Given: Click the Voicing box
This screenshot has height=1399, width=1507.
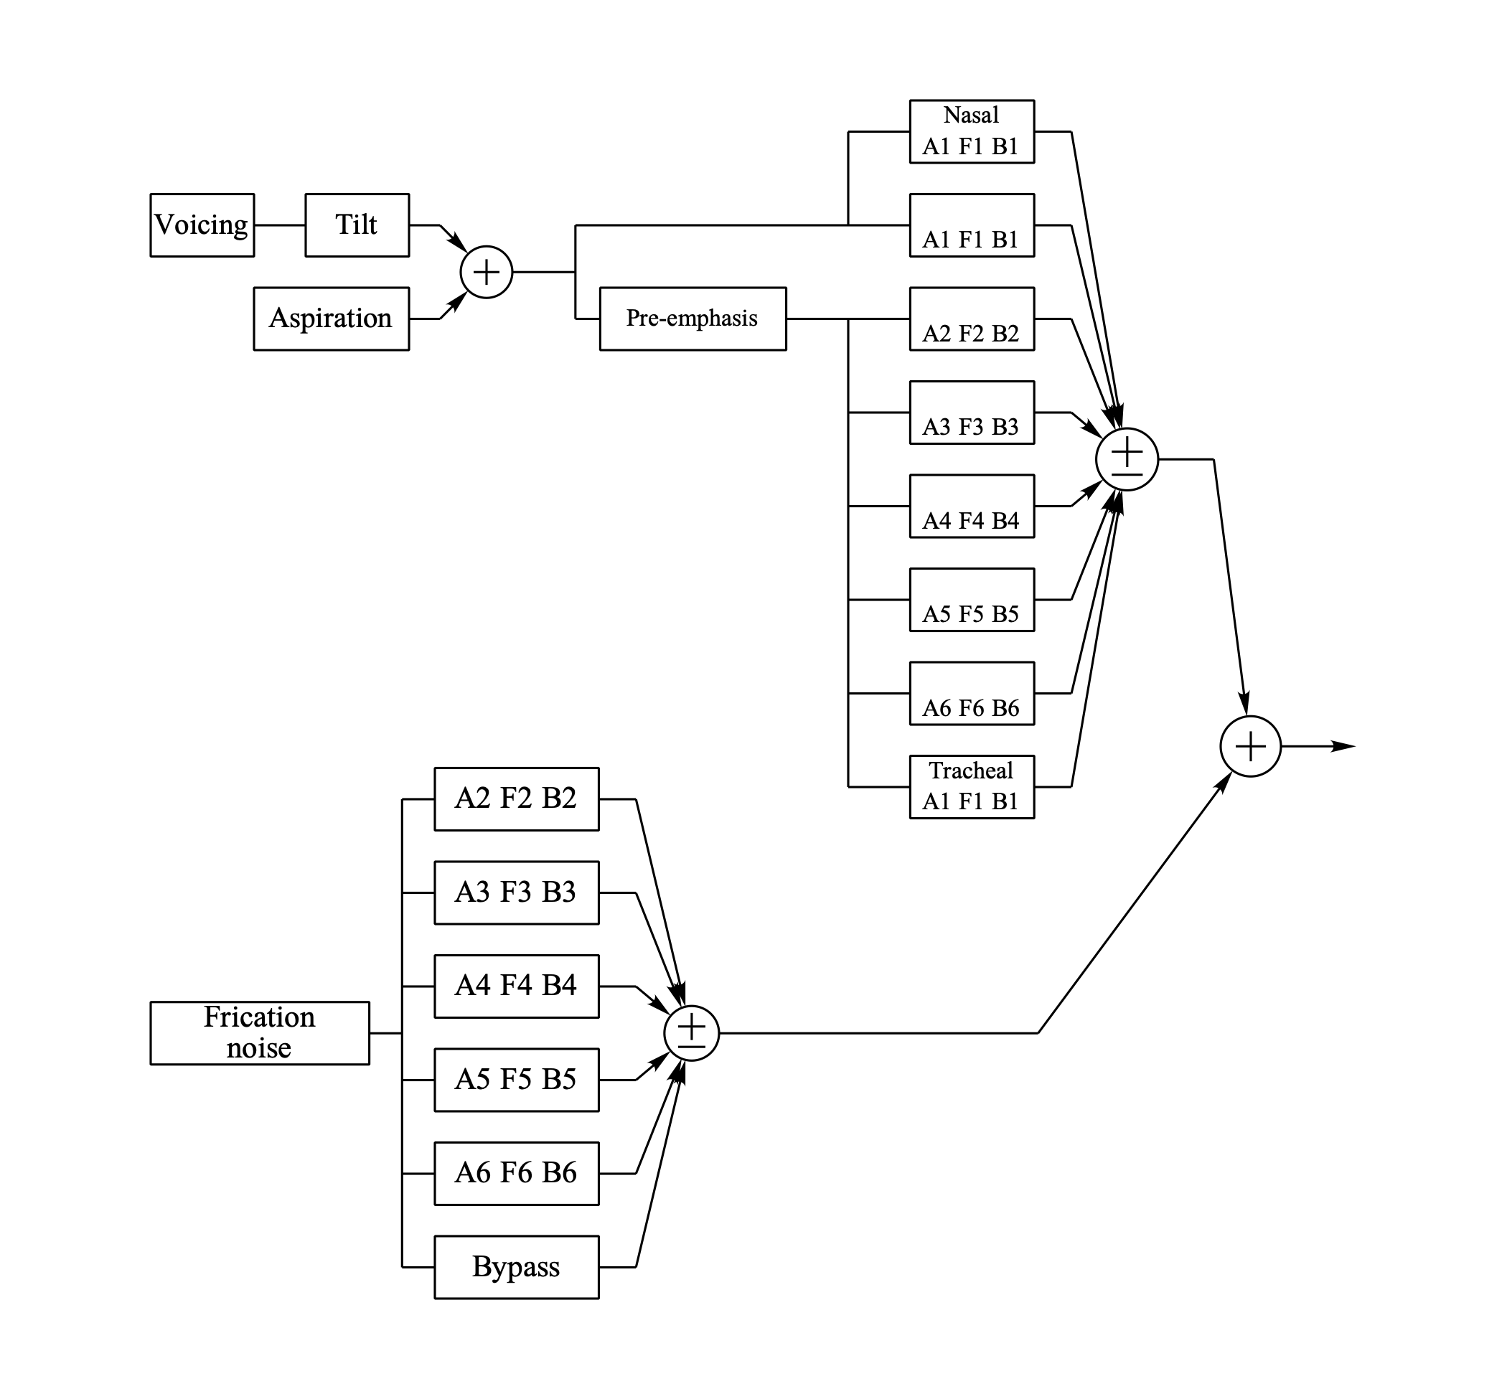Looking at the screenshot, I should pos(202,225).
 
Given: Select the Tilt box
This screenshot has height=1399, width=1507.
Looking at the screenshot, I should pos(357,225).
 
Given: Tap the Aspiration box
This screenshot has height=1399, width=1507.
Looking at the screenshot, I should pos(331,318).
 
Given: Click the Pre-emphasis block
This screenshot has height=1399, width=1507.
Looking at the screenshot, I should pos(693,318).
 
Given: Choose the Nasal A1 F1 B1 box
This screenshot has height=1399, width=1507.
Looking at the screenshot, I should pos(971,132).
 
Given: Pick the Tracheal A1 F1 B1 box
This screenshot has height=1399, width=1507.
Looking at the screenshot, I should pos(971,786).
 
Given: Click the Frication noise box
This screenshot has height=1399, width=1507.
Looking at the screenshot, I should pos(259,1032).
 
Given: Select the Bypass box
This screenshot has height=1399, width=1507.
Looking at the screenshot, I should pos(516,1266).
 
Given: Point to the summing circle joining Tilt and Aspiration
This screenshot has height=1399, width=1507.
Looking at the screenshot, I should pos(486,272).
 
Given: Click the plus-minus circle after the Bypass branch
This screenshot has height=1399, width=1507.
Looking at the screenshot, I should pos(691,1032).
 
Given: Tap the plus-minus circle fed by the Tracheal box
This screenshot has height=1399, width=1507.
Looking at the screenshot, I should pos(1127,458).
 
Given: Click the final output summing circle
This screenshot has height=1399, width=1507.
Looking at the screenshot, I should pos(1250,746).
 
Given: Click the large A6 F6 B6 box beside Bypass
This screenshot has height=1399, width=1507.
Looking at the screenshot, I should pos(516,1172).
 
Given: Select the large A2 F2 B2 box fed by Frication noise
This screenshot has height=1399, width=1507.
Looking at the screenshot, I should pos(516,799).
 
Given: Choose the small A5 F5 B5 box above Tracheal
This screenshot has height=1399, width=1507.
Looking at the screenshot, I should pos(971,600).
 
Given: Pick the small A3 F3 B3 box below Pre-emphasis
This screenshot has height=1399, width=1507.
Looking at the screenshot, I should pos(971,413).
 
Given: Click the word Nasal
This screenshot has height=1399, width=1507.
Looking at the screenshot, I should pos(971,115).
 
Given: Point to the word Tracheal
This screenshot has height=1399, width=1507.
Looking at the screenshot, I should pos(971,771).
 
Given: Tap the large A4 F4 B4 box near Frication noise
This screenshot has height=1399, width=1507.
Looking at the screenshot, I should pos(516,986).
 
